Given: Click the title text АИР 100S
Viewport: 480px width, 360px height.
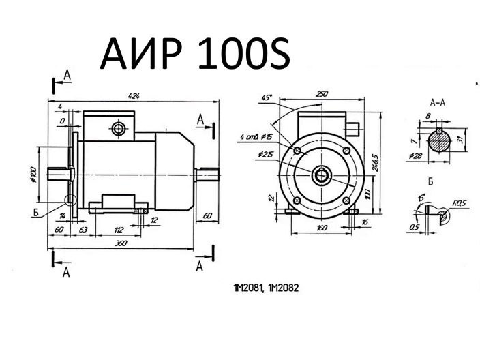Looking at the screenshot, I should pyautogui.click(x=196, y=53).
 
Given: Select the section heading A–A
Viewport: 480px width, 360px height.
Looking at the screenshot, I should pyautogui.click(x=438, y=101).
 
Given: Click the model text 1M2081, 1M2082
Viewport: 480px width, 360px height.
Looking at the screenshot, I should pyautogui.click(x=269, y=288).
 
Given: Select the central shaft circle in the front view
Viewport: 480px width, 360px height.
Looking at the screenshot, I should pyautogui.click(x=321, y=176).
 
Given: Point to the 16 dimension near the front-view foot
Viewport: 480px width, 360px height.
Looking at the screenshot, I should pyautogui.click(x=365, y=222).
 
